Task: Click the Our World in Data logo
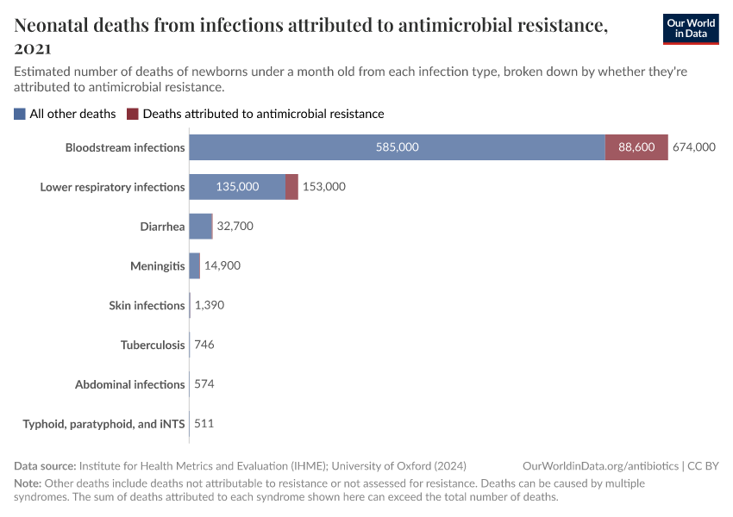(691, 28)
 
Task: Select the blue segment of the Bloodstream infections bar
(397, 147)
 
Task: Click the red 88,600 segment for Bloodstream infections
(636, 147)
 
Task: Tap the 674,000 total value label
(694, 147)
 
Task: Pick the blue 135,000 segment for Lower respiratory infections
(237, 187)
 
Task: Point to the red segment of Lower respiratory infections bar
(291, 187)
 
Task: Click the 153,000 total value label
(324, 187)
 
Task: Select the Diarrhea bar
(200, 227)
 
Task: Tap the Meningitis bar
(195, 266)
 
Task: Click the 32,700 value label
(235, 227)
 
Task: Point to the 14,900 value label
(222, 266)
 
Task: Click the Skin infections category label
(147, 306)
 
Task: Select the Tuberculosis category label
(153, 346)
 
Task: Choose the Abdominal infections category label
(130, 385)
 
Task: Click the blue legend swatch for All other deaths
(20, 114)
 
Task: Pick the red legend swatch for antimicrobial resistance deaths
(133, 114)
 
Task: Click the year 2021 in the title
(33, 48)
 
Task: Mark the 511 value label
(204, 424)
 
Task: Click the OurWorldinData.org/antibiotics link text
(600, 465)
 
